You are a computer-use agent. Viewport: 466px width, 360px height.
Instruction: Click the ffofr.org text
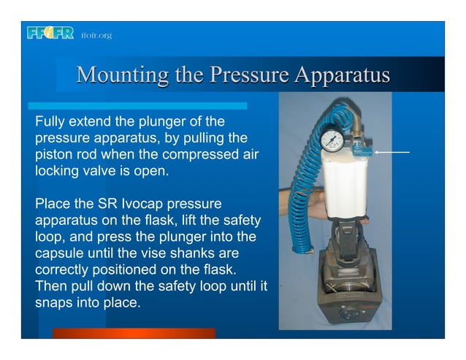click(x=96, y=35)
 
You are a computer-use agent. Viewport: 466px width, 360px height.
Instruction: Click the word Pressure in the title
click(x=242, y=76)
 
